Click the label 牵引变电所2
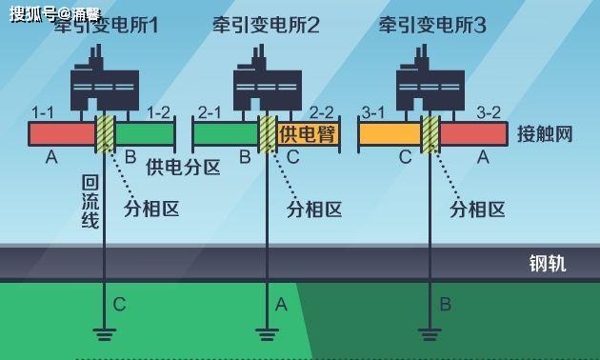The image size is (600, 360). [x=266, y=26]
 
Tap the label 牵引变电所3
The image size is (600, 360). [x=431, y=26]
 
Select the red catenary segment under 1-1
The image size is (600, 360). [x=62, y=134]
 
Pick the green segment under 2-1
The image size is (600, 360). [x=226, y=134]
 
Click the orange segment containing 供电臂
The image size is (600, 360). [x=308, y=134]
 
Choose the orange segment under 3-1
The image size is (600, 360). [x=390, y=134]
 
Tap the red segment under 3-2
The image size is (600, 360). [x=473, y=134]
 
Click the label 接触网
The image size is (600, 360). [x=546, y=134]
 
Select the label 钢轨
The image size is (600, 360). [x=548, y=263]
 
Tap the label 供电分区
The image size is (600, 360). [x=183, y=168]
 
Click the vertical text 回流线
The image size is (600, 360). [x=90, y=201]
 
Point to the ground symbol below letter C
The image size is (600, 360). [x=104, y=333]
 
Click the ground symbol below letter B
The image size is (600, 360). [x=430, y=333]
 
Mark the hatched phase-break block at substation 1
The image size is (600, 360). [x=105, y=134]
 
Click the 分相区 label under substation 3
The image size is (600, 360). [x=477, y=210]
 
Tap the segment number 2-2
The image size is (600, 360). [x=320, y=112]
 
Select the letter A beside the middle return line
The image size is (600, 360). [x=281, y=305]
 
